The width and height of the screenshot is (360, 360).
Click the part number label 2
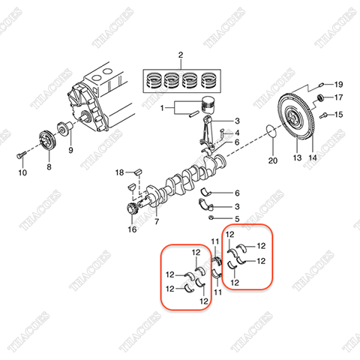(181, 55)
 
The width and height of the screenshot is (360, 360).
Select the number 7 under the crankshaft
(157, 223)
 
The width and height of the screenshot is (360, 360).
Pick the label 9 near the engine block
(72, 150)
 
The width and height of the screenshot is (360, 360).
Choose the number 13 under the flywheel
(295, 158)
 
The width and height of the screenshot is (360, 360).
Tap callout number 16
(132, 230)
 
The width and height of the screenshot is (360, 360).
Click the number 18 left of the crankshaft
(118, 173)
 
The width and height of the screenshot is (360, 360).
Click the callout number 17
(338, 98)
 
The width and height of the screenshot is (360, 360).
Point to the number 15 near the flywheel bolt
(338, 115)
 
